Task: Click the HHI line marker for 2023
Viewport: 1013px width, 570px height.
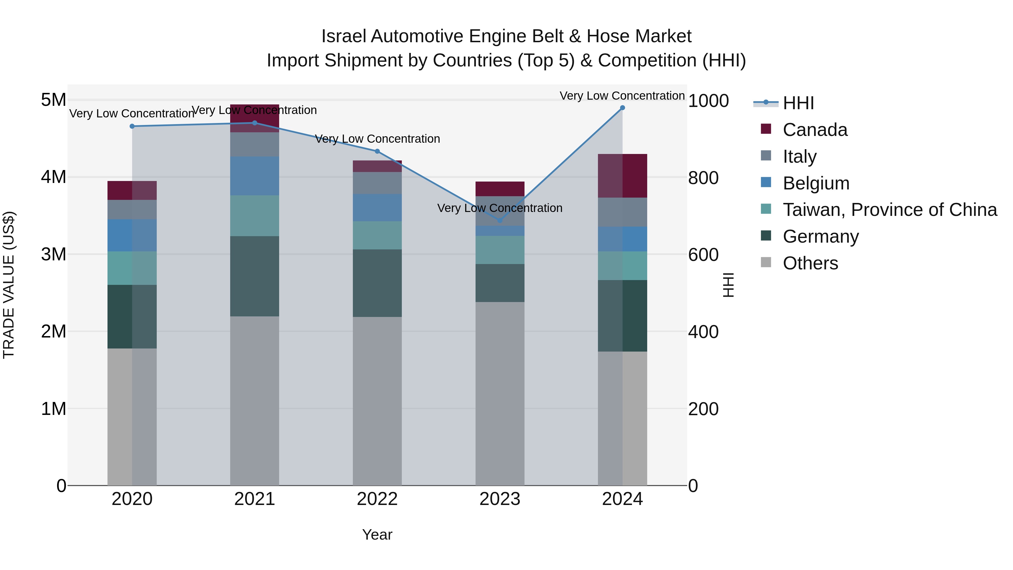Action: click(500, 220)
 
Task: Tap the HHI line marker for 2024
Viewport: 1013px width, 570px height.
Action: click(622, 108)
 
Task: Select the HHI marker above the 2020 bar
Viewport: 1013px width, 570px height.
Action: click(132, 126)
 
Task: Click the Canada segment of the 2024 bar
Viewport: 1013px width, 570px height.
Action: click(622, 176)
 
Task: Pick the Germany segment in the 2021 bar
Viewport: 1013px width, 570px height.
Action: click(254, 276)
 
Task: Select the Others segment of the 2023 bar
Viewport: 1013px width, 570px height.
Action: click(500, 394)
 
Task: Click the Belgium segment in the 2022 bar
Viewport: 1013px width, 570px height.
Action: click(377, 207)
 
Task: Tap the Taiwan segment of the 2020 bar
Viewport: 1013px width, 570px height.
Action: click(132, 268)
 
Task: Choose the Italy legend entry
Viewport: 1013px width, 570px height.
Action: click(799, 157)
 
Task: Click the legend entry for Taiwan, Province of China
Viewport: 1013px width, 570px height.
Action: click(889, 210)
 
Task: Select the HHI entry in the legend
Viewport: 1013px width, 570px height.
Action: click(798, 103)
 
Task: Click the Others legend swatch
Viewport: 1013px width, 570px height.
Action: click(766, 262)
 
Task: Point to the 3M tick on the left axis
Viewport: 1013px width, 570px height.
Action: click(53, 254)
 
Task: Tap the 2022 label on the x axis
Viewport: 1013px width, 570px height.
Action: click(377, 499)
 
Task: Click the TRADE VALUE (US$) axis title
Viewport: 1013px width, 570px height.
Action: click(9, 285)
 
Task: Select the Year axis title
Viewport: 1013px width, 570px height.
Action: click(377, 535)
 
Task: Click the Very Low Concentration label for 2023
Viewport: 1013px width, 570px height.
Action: click(500, 208)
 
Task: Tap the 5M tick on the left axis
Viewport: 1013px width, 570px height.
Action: click(53, 100)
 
